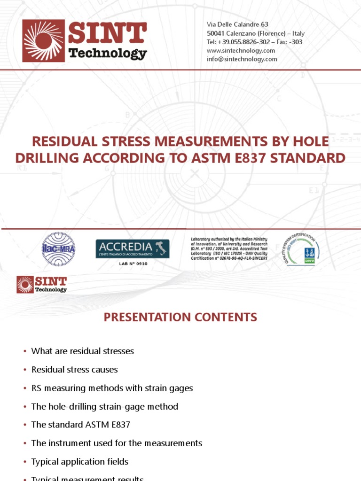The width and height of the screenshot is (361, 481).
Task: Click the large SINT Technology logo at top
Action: pos(85,40)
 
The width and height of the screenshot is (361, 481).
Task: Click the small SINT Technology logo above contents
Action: pos(42,284)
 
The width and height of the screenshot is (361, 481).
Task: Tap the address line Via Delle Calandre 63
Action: pos(237,24)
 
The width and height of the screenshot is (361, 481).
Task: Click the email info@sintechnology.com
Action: pos(242,59)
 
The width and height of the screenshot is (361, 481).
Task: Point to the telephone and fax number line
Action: pos(254,42)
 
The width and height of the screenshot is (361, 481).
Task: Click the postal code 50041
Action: pos(215,33)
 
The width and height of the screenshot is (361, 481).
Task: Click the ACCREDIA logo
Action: pos(132,248)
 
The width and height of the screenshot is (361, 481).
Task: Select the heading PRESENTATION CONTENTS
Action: pos(180,318)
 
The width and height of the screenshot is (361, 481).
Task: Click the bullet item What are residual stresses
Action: pos(82,351)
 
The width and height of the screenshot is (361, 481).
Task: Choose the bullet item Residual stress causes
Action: pos(74,370)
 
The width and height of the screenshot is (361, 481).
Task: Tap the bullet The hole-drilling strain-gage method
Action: pos(104,406)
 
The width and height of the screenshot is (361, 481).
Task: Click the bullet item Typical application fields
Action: pos(79,461)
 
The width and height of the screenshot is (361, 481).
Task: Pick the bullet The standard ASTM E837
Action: pos(80,425)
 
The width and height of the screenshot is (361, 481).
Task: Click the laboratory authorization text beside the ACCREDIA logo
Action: pos(229,248)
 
